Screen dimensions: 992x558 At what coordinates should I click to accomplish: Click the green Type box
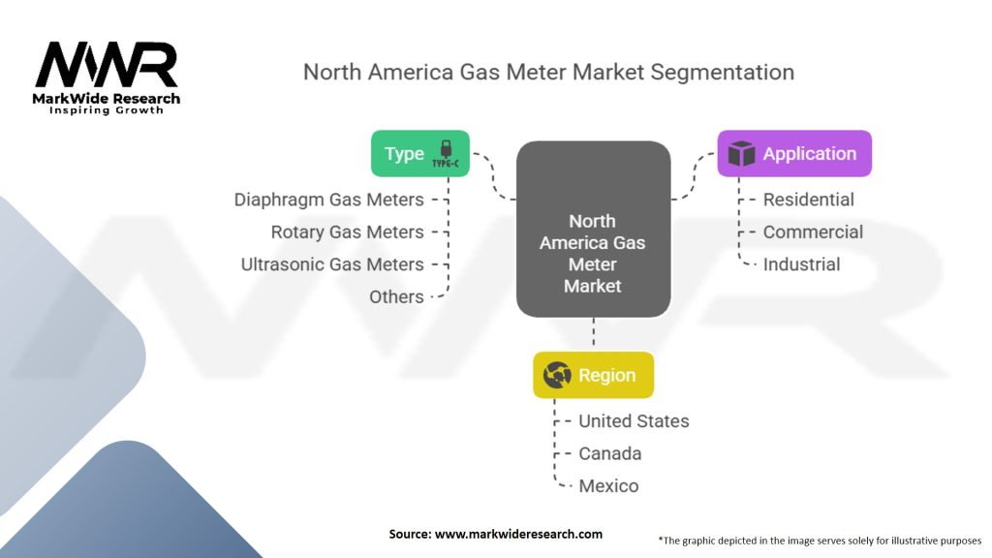coord(420,153)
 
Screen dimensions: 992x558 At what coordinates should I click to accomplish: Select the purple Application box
coord(794,153)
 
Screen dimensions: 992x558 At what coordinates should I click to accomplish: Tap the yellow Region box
coord(594,375)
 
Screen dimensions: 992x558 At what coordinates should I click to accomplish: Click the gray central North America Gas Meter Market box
coord(594,229)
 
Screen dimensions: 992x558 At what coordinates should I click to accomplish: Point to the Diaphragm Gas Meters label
coord(329,200)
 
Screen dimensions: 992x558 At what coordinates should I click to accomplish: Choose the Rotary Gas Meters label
coord(348,232)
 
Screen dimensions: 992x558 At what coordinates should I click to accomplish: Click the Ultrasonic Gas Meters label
coord(332,264)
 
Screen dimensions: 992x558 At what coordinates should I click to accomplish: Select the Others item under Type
coord(396,296)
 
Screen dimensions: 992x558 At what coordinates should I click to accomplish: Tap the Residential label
coord(809,200)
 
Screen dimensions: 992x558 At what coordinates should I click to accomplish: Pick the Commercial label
coord(813,232)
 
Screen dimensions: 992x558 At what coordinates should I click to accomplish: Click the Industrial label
coord(801,264)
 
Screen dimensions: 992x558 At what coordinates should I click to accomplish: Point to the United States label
coord(634,421)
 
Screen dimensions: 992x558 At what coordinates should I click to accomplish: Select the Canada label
coord(610,453)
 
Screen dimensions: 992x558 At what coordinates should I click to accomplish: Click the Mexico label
coord(608,486)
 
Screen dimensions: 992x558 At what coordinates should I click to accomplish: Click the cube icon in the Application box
coord(741,154)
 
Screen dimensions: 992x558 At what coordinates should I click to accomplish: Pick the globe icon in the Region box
coord(557,375)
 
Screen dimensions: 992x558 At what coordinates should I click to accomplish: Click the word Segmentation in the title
coord(723,73)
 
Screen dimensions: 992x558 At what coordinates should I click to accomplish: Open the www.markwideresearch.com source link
coord(519,534)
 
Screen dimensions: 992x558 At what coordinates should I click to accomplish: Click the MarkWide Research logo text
coord(107,99)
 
